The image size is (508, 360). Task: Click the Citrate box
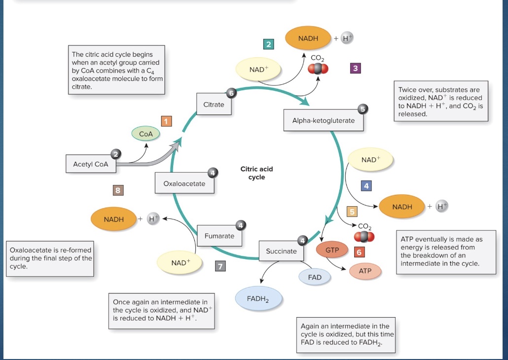pyautogui.click(x=214, y=105)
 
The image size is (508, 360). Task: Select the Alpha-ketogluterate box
pyautogui.click(x=323, y=120)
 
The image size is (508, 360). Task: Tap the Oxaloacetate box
pyautogui.click(x=184, y=183)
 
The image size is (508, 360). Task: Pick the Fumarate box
pyautogui.click(x=219, y=236)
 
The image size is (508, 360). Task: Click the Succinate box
pyautogui.click(x=281, y=251)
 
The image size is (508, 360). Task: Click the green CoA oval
pyautogui.click(x=146, y=134)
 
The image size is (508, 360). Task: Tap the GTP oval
pyautogui.click(x=332, y=250)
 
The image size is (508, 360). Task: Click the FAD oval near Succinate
pyautogui.click(x=315, y=278)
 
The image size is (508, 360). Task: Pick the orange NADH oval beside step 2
pyautogui.click(x=308, y=38)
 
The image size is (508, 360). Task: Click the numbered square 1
pyautogui.click(x=166, y=121)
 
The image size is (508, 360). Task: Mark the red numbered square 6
pyautogui.click(x=359, y=252)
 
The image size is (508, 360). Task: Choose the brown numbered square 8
pyautogui.click(x=118, y=190)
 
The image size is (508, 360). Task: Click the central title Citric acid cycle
pyautogui.click(x=256, y=173)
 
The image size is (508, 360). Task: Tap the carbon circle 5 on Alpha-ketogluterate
pyautogui.click(x=363, y=109)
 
